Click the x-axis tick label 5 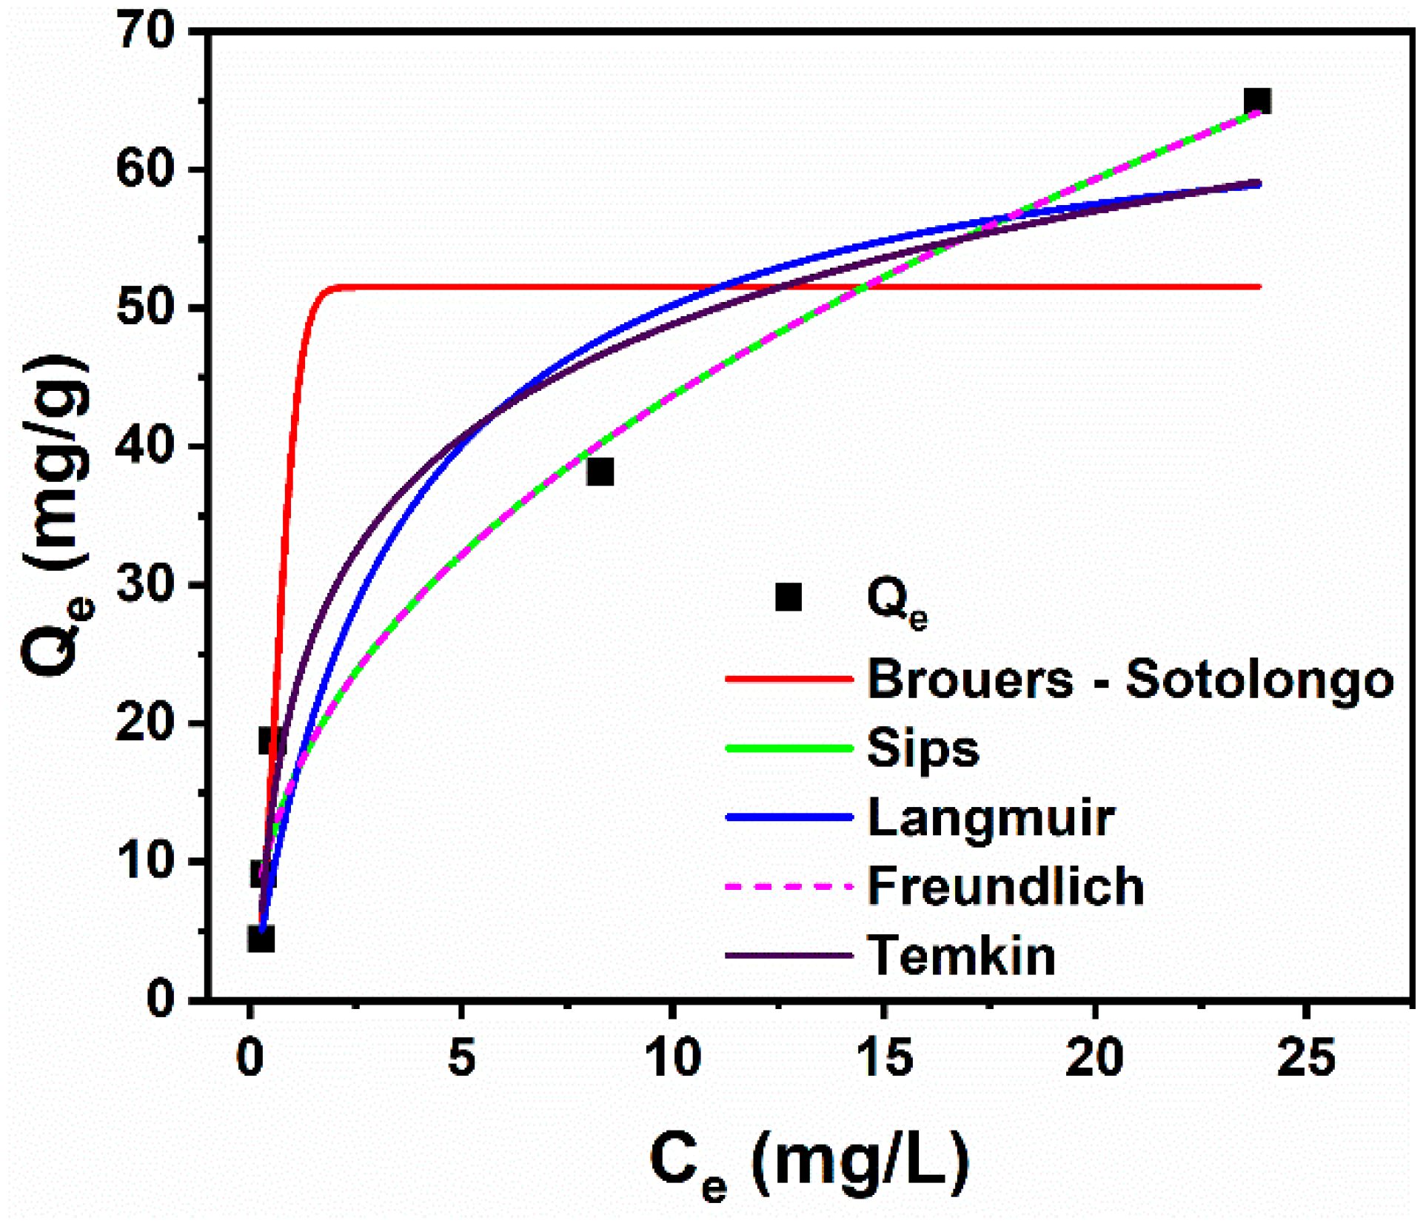coord(461,1058)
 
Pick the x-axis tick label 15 coord(883,1058)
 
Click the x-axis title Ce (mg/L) coord(809,1163)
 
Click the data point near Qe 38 coord(600,472)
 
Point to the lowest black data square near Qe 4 coord(261,939)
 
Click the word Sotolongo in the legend coord(1259,679)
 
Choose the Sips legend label coord(923,748)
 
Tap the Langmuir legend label coord(991,817)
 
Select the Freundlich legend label coord(1005,886)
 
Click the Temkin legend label coord(961,956)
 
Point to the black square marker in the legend coord(788,597)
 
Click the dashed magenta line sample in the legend coord(789,886)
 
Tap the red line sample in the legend coord(789,679)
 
